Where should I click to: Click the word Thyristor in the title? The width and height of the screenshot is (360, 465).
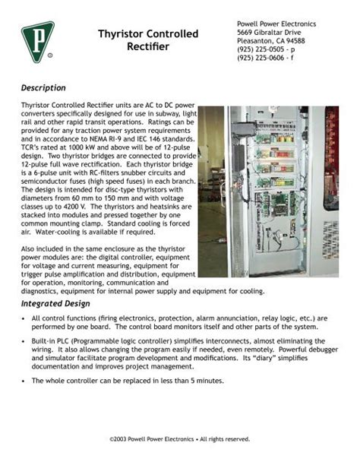pyautogui.click(x=125, y=35)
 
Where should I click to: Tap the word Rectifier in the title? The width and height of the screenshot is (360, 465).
pyautogui.click(x=148, y=48)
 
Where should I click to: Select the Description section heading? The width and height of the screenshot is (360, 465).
pyautogui.click(x=44, y=88)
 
